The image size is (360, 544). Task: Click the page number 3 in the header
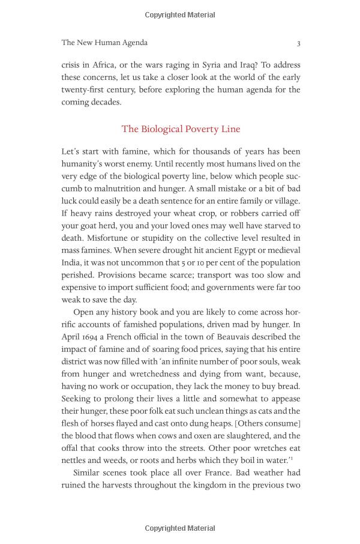pos(299,43)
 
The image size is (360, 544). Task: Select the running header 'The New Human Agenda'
pos(104,43)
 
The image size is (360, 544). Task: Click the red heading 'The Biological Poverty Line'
pos(181,129)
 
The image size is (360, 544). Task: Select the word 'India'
pos(71,262)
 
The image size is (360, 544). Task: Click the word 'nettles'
pos(74,461)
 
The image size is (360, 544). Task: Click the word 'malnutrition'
pos(112,188)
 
